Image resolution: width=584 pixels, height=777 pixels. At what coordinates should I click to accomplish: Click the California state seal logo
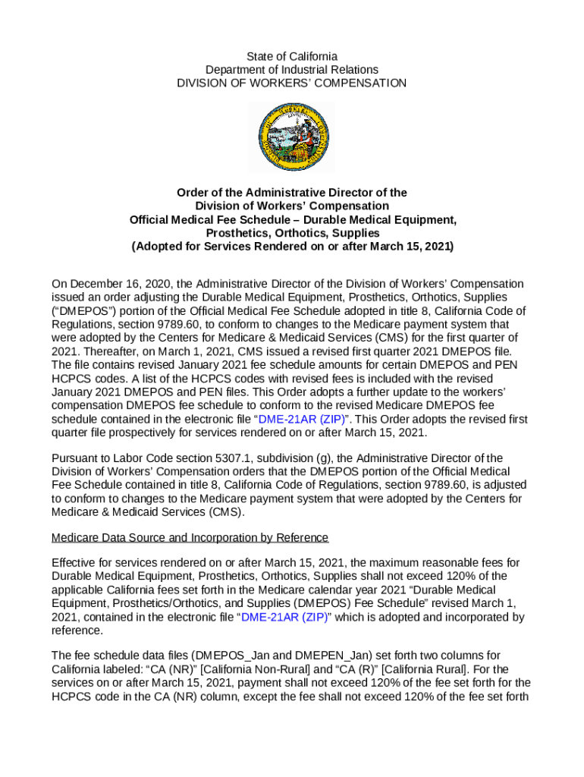point(291,137)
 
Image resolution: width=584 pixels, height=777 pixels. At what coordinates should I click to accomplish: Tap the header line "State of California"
point(292,57)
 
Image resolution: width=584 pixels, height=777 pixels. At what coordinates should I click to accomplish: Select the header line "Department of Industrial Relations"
point(292,70)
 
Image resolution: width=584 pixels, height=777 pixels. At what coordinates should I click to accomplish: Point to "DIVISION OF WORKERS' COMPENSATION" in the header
point(292,83)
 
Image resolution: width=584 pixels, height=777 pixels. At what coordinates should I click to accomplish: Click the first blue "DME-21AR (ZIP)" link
point(303,419)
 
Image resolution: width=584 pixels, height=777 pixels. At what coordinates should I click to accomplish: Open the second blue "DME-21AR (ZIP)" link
point(285,617)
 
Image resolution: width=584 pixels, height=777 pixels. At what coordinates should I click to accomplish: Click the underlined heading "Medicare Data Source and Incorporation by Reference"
point(190,538)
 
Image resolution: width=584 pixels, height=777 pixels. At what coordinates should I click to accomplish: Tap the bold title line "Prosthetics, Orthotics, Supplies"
point(292,233)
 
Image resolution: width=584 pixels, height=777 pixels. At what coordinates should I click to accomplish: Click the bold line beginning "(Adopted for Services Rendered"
point(292,247)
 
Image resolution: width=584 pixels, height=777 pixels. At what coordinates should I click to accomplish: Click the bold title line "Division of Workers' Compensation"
point(292,206)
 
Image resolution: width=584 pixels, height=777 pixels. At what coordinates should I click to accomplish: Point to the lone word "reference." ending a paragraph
point(76,631)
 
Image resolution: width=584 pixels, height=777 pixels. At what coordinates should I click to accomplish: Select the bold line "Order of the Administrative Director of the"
point(292,193)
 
